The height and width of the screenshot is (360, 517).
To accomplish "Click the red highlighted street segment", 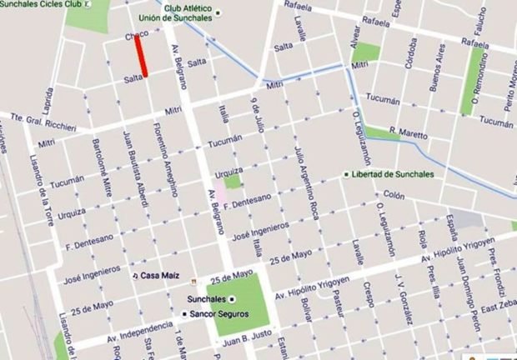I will [142, 57].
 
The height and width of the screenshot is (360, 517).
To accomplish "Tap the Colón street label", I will [394, 196].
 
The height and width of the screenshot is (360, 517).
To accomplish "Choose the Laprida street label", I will [50, 103].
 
